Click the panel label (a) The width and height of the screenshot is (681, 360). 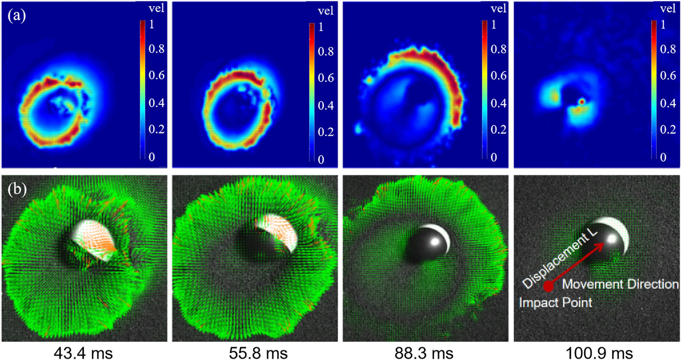[16, 16]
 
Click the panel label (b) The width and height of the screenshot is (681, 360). [17, 189]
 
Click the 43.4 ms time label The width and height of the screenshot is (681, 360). [83, 353]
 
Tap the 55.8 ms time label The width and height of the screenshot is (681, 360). [258, 353]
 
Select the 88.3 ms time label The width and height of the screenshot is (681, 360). [424, 353]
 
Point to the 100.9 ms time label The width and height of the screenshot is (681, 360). [599, 353]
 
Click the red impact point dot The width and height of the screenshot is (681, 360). [548, 286]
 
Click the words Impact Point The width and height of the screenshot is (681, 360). [555, 302]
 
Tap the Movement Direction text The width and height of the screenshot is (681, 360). [620, 284]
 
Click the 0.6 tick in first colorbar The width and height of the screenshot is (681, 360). [156, 75]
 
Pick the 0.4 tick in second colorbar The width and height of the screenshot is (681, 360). [326, 106]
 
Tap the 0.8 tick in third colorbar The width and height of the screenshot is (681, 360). [498, 49]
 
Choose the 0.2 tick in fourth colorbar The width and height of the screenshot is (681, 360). [668, 129]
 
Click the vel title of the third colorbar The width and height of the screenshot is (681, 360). [498, 9]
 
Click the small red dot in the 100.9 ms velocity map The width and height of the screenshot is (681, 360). [582, 101]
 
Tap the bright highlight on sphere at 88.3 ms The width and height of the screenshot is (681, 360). [434, 242]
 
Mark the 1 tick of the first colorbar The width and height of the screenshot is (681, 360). [152, 25]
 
